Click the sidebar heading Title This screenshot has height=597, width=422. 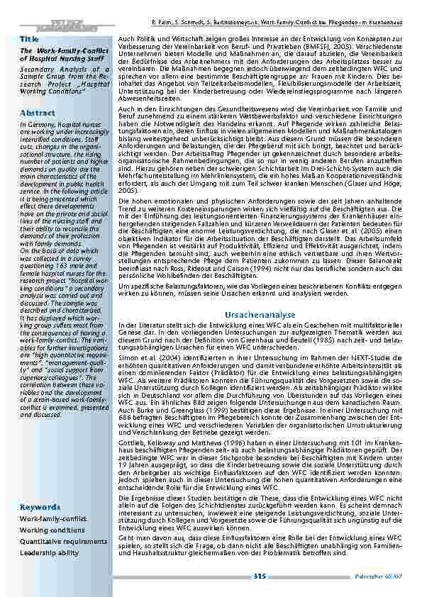[x=29, y=38]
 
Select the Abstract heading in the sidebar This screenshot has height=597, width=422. [x=34, y=113]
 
